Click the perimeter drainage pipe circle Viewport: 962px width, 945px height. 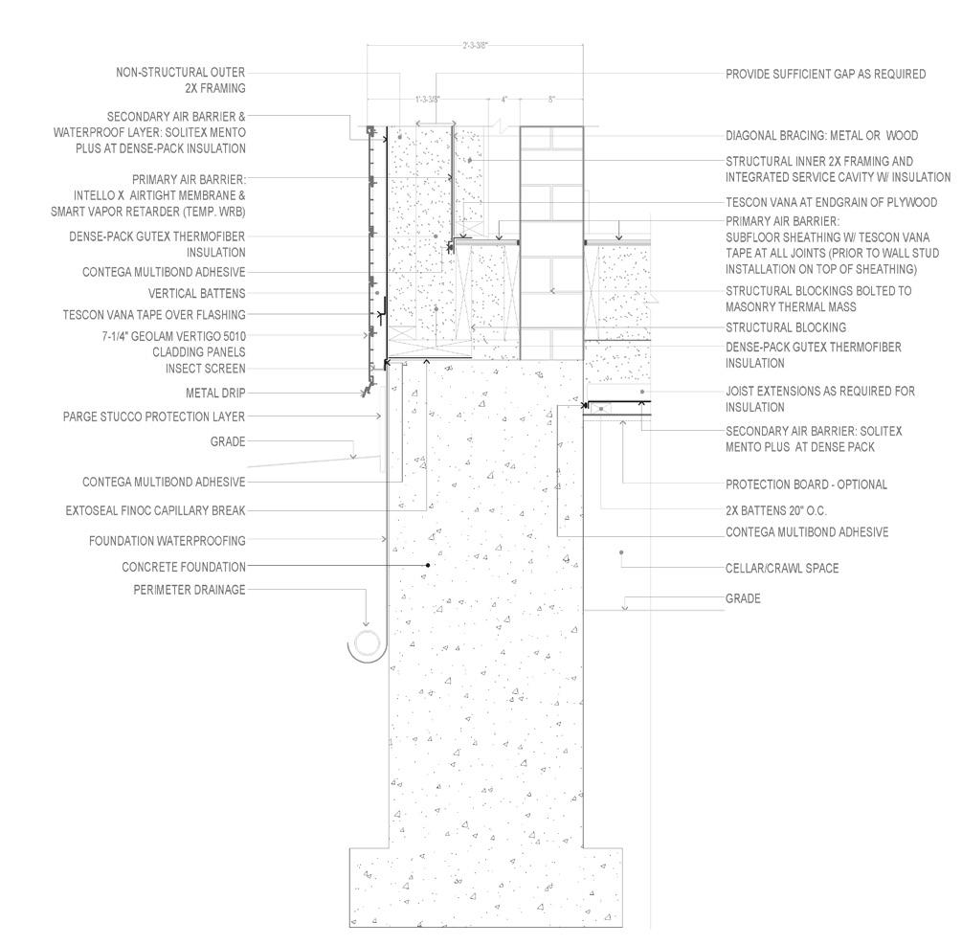[x=366, y=643]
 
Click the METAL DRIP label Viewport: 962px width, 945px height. [x=215, y=393]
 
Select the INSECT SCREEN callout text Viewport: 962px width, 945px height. [x=205, y=369]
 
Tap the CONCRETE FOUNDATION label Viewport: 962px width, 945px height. [x=184, y=567]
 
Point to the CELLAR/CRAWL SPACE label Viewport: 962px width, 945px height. [x=782, y=568]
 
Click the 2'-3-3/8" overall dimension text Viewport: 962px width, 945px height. [x=475, y=45]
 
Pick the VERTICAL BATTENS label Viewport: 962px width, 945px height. [x=197, y=293]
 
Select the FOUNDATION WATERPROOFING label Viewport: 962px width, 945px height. [x=168, y=541]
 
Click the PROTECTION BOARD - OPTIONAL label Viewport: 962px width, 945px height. [x=806, y=484]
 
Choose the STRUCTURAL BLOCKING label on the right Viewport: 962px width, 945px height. [x=786, y=327]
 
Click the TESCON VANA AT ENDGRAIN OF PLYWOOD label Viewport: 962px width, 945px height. [x=831, y=203]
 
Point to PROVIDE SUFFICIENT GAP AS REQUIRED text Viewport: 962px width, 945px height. [x=825, y=74]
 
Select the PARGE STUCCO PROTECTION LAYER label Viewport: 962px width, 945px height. [x=154, y=416]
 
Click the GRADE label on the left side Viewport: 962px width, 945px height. [x=228, y=442]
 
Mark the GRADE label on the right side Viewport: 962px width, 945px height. [x=743, y=598]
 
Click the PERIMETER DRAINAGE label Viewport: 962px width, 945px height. [x=190, y=590]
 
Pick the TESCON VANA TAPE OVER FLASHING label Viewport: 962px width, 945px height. [x=154, y=315]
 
